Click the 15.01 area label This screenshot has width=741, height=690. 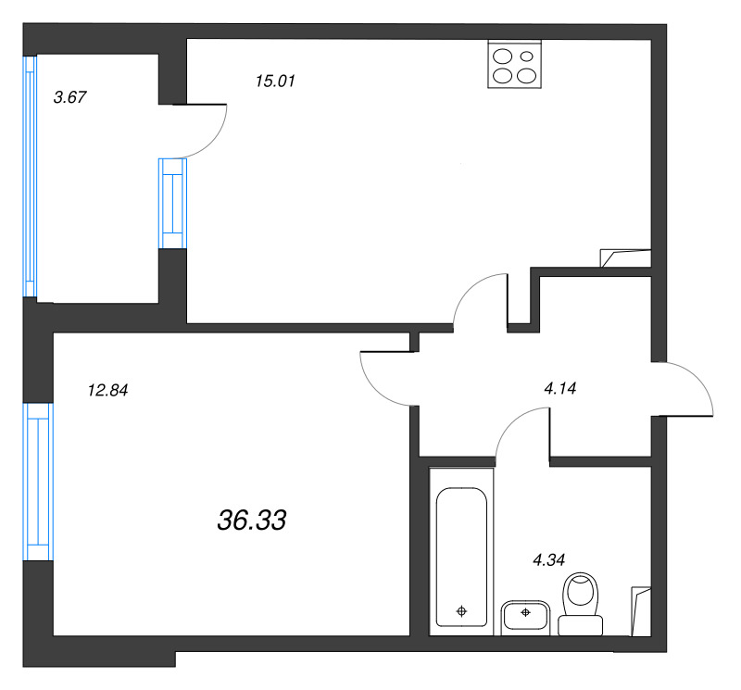tap(275, 81)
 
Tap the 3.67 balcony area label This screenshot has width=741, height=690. tap(70, 97)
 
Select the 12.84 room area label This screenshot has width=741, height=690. tap(107, 390)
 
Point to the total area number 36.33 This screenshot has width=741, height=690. tap(251, 520)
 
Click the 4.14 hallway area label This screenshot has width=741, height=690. tap(560, 388)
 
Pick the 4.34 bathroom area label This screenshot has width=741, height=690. tap(548, 559)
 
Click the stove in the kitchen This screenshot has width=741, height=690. tap(515, 64)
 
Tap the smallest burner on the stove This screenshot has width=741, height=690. tap(526, 56)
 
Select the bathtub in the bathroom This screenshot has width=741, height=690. tap(461, 557)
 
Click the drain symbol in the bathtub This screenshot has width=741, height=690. tap(461, 611)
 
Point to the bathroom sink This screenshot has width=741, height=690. tap(525, 617)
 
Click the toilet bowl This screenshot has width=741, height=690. tap(581, 592)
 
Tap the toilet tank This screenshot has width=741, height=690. tap(581, 625)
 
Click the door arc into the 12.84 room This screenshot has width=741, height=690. tap(373, 386)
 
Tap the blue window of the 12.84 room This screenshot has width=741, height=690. tap(38, 482)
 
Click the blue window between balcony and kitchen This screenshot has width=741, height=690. tap(172, 203)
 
